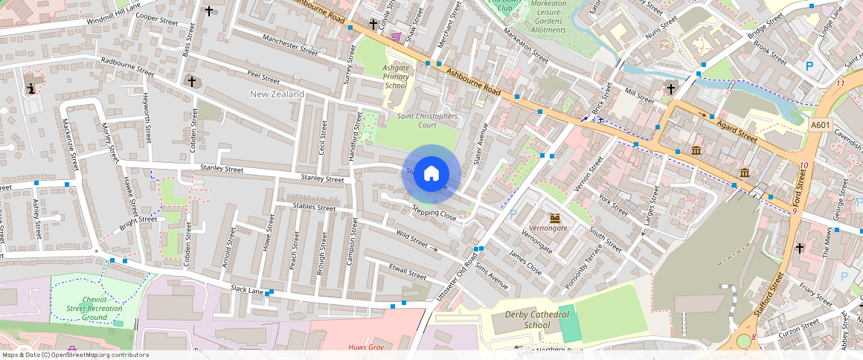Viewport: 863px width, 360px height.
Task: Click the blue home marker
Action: (431, 174)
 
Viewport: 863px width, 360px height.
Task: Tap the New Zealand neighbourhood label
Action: (277, 94)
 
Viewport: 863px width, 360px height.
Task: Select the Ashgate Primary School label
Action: (396, 77)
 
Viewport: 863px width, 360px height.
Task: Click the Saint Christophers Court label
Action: (427, 120)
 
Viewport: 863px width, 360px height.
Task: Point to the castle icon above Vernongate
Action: (554, 216)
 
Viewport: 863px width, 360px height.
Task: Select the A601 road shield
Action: (819, 125)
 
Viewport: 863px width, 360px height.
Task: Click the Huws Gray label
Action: (365, 347)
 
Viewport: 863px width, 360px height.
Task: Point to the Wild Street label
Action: (411, 239)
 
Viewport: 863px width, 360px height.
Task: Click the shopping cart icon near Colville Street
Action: (396, 36)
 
